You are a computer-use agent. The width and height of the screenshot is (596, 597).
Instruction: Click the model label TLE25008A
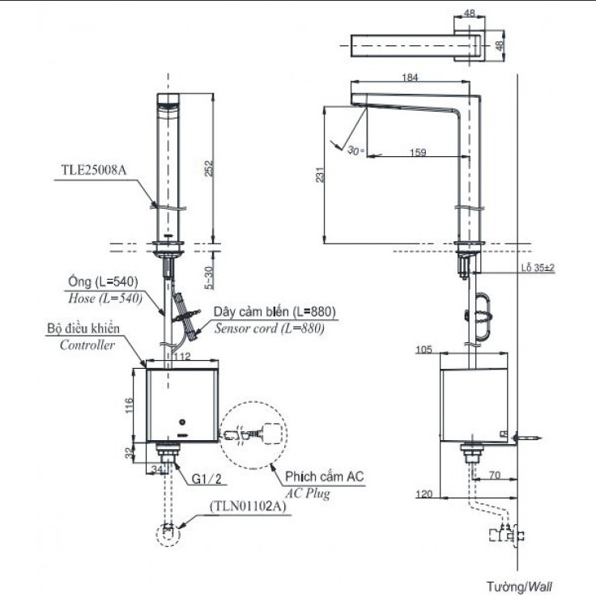tap(94, 170)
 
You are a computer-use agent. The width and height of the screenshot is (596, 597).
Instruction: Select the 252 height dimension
tap(210, 167)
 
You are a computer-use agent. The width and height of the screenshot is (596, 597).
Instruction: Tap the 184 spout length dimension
tap(411, 78)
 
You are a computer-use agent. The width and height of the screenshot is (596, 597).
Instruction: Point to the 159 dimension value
tap(418, 151)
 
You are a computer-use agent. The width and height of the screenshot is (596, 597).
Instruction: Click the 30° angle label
tap(354, 150)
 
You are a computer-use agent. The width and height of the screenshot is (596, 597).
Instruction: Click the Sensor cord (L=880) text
tap(268, 328)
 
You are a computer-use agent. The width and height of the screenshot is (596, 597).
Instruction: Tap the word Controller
tap(87, 345)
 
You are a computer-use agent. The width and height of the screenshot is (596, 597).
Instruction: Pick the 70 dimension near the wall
tap(492, 476)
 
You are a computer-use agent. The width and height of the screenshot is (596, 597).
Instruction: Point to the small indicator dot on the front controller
tap(183, 423)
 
